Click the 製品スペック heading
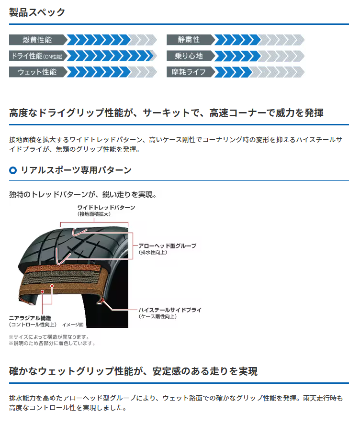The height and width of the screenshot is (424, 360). point(37,12)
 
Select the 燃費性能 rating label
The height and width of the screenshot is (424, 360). point(37,40)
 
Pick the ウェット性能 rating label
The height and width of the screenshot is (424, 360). point(37,72)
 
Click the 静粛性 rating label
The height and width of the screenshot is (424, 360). point(189,40)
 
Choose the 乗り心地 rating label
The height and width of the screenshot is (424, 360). point(189,56)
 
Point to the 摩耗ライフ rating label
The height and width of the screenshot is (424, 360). point(189,72)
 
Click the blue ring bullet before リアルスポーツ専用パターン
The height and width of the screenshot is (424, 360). point(13,170)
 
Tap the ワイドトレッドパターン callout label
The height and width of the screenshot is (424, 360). point(106,207)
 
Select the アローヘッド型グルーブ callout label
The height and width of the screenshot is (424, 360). point(168,246)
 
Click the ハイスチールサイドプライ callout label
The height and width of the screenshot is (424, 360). point(170,310)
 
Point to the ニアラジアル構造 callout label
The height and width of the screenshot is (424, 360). point(30,318)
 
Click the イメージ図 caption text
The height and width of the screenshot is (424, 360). point(73,325)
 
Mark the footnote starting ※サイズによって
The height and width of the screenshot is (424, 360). point(49,337)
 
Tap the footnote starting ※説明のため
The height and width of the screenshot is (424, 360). point(52,344)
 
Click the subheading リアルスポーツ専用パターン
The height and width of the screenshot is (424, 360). point(76,170)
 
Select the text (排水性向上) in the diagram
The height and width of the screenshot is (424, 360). point(153,252)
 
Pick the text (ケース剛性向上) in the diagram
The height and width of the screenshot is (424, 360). point(157,316)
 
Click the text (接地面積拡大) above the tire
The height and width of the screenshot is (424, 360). point(94,214)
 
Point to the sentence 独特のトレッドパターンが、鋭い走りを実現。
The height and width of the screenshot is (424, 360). point(83,194)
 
